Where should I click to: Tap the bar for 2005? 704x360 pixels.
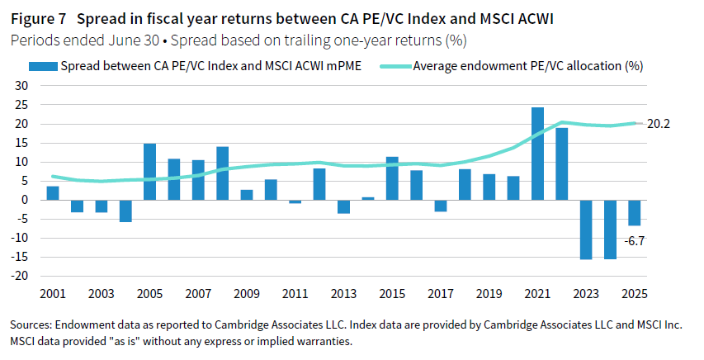pyautogui.click(x=149, y=172)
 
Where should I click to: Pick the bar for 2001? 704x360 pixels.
pyautogui.click(x=53, y=193)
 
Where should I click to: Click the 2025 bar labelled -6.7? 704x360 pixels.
pyautogui.click(x=635, y=212)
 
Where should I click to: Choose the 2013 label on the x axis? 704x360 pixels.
pyautogui.click(x=344, y=295)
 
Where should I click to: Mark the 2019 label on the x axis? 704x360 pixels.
pyautogui.click(x=489, y=295)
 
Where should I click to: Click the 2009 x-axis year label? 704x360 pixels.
pyautogui.click(x=247, y=295)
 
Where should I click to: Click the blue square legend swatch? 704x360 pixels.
pyautogui.click(x=39, y=66)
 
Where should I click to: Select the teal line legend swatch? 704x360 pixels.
pyautogui.click(x=394, y=66)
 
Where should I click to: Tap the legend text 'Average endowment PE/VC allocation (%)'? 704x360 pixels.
pyautogui.click(x=528, y=66)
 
